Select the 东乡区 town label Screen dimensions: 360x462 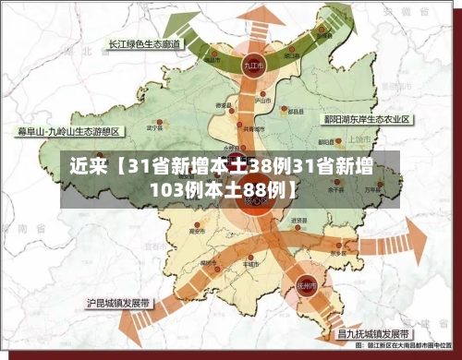click(x=338, y=252)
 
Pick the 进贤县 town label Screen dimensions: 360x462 click(x=298, y=222)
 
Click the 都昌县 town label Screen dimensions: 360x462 click(x=296, y=110)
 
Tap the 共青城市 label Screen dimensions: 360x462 click(x=249, y=129)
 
